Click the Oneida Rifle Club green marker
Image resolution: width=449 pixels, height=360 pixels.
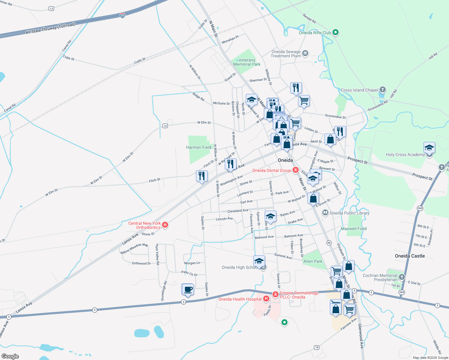click(336, 32)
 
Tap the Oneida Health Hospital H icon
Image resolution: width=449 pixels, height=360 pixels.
click(266, 299)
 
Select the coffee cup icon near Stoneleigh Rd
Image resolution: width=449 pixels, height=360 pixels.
click(188, 289)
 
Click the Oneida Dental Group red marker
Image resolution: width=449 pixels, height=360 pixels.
click(296, 170)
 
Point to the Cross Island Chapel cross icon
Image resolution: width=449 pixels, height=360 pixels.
click(382, 90)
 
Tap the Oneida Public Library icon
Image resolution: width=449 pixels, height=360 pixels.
click(325, 213)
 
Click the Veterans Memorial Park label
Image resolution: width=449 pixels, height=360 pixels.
click(247, 62)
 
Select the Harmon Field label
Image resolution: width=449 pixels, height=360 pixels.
click(198, 147)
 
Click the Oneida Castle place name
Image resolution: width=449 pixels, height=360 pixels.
click(410, 256)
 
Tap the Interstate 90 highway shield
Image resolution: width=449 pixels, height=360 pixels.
click(122, 15)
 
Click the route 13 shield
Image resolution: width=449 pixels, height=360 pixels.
click(51, 9)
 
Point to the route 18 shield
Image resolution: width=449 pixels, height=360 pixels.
click(316, 347)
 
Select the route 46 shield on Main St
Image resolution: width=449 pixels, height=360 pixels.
click(329, 243)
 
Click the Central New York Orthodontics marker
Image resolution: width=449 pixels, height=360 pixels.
click(165, 225)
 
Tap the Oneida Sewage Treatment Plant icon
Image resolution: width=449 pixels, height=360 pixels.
click(305, 53)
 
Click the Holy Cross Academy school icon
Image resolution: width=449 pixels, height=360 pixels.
click(429, 148)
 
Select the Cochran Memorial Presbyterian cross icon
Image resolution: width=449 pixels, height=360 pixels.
click(402, 277)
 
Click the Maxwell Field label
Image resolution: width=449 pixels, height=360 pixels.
click(354, 229)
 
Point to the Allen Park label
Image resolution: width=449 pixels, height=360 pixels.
click(313, 261)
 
